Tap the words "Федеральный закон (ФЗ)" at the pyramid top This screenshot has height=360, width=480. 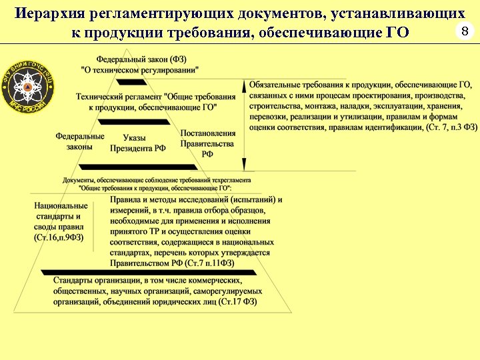click(x=141, y=59)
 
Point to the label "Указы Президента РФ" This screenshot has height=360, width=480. click(x=138, y=143)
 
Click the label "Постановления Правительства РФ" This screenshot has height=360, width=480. click(x=207, y=143)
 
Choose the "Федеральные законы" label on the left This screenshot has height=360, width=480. click(x=80, y=141)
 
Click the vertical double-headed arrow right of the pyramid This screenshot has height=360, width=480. click(x=245, y=127)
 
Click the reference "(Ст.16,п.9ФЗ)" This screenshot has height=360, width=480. click(x=59, y=238)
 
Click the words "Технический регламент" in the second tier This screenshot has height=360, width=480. click(x=118, y=97)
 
